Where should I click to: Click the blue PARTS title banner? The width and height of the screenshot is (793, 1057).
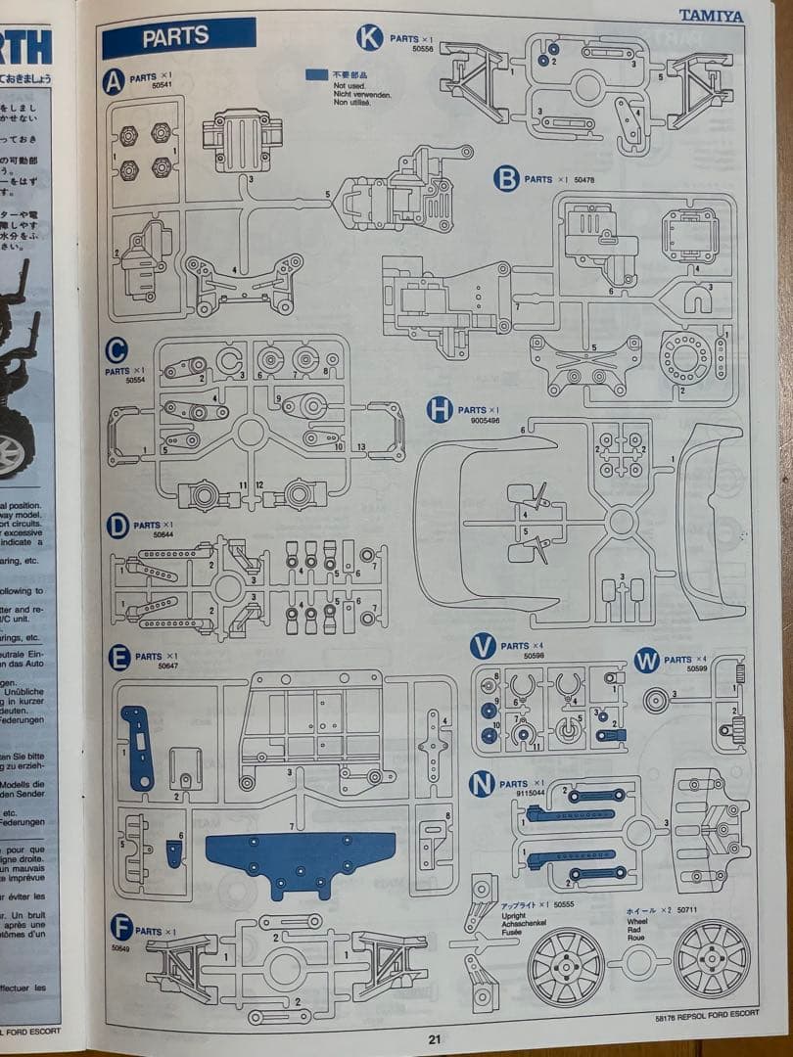point(178,37)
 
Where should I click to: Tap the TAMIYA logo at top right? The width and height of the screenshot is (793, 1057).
point(711,16)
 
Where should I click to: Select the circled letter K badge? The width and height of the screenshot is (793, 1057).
point(369,38)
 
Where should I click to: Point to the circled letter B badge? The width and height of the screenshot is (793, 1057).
point(505,179)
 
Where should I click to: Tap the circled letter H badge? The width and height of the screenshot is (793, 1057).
point(440,410)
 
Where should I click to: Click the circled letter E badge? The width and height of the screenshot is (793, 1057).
point(119,658)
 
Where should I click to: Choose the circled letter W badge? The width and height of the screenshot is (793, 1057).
point(646,661)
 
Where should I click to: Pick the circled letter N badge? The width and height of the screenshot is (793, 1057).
point(481,784)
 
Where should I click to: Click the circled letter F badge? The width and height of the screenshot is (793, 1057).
point(121,927)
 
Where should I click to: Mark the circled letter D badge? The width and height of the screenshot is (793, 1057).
point(118,527)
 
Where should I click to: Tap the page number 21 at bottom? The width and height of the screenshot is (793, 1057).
point(434,1039)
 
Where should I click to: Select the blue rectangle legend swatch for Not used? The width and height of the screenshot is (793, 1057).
point(316,74)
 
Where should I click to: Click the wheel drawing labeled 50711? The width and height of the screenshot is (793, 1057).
point(712,957)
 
